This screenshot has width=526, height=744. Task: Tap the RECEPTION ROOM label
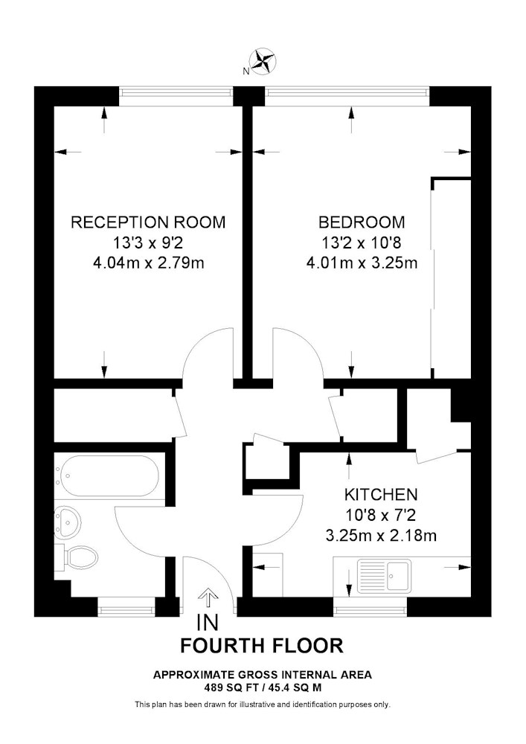click(148, 222)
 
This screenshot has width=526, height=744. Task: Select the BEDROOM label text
click(362, 222)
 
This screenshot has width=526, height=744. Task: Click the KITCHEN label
click(381, 495)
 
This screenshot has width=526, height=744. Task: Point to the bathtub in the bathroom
click(110, 476)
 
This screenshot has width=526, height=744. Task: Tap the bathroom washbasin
click(67, 523)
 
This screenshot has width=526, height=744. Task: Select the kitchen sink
click(384, 575)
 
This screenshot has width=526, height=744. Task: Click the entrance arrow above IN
click(208, 598)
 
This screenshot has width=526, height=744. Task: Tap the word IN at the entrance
click(208, 623)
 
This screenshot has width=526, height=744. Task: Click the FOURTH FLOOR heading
click(263, 646)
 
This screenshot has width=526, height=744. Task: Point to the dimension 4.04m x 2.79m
click(149, 263)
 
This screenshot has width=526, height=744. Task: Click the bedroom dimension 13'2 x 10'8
click(362, 243)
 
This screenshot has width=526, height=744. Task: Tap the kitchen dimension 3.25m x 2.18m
click(381, 536)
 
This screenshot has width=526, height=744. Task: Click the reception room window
click(176, 97)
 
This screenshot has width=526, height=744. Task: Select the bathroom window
click(126, 606)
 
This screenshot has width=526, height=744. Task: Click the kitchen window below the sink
click(370, 606)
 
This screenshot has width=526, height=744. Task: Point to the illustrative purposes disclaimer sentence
click(263, 705)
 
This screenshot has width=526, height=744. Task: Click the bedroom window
click(347, 97)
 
